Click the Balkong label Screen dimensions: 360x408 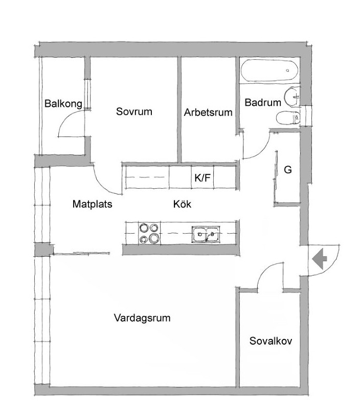tap(63, 104)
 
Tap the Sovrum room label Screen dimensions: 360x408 tap(134, 111)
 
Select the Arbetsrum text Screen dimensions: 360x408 tap(208, 112)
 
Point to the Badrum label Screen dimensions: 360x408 tap(263, 102)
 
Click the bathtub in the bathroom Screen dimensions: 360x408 tap(269, 70)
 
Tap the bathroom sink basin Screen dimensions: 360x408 tap(291, 97)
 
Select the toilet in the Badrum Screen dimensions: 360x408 tap(287, 119)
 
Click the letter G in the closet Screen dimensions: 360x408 tap(287, 170)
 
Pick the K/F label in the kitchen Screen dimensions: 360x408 tap(202, 178)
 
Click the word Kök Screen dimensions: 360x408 tap(182, 204)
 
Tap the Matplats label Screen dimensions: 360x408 tap(93, 204)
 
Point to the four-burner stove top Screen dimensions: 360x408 tap(149, 233)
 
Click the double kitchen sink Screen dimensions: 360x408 tap(206, 234)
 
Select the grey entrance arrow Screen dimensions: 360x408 tap(320, 259)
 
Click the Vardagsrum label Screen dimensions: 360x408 tap(142, 318)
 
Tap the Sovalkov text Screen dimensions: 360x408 tap(271, 341)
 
